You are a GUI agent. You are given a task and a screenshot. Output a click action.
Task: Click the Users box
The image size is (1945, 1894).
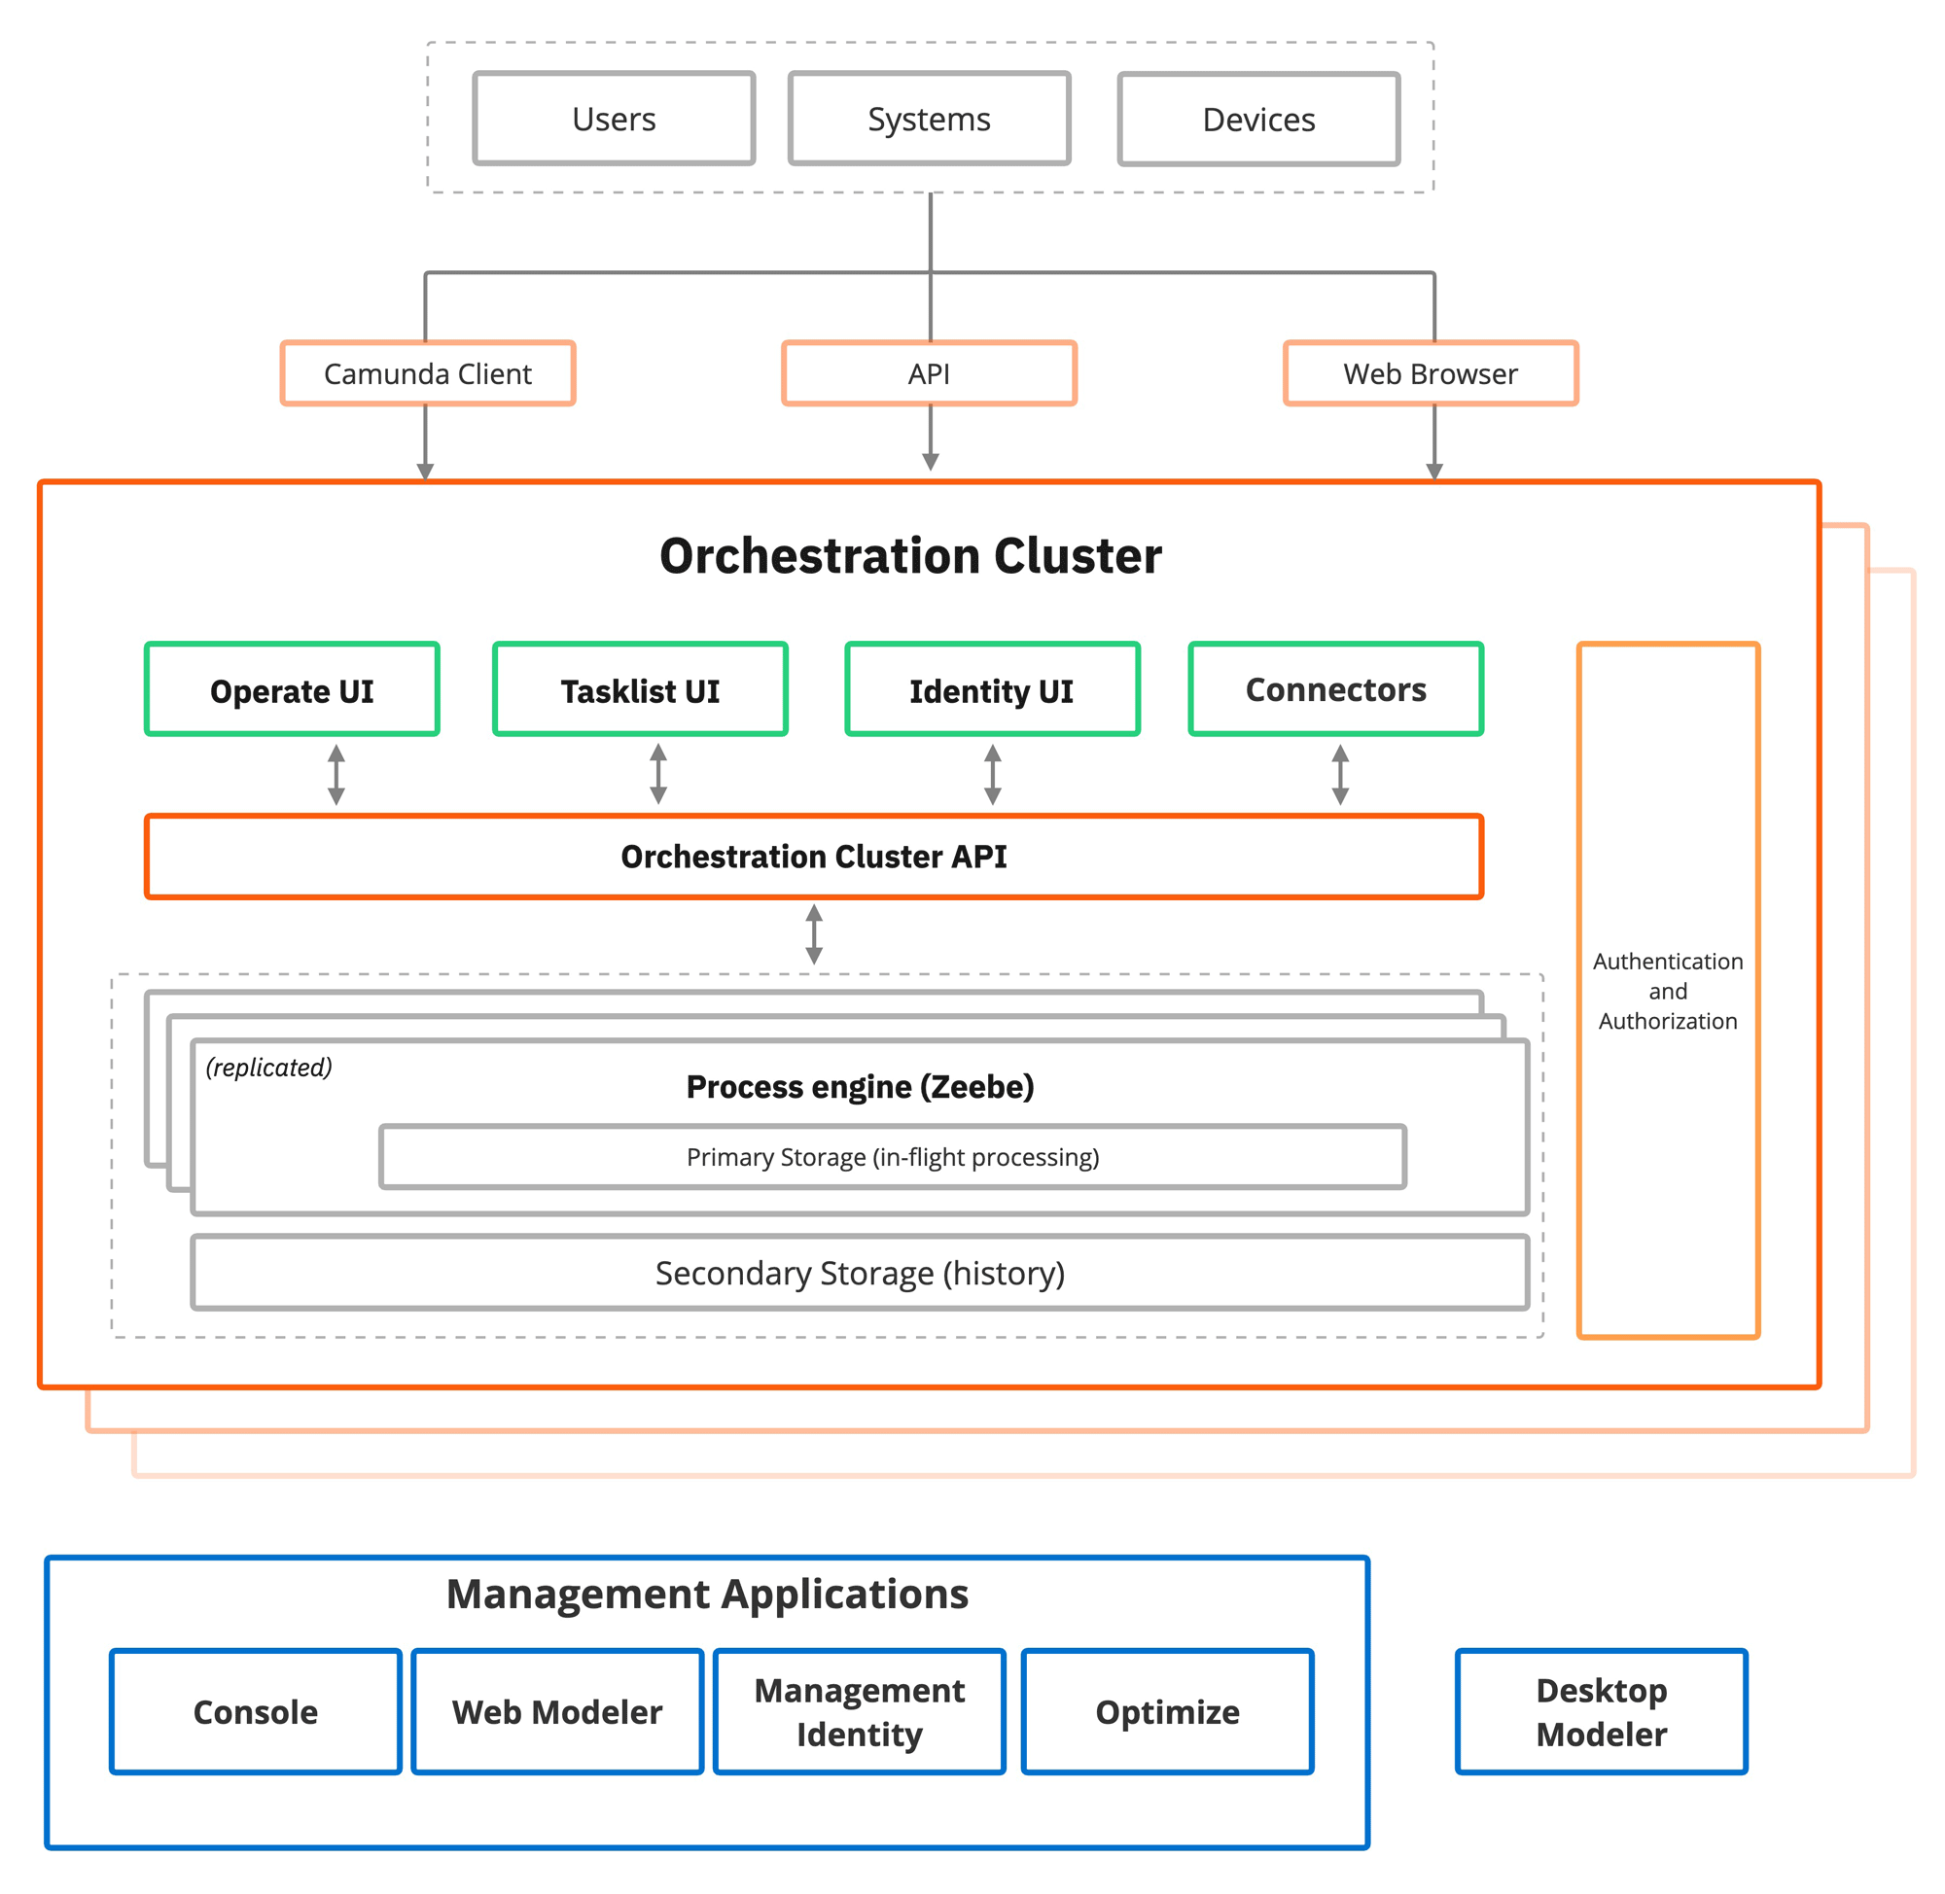click(x=613, y=119)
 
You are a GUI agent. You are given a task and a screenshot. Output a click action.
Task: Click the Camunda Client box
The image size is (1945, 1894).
click(x=427, y=373)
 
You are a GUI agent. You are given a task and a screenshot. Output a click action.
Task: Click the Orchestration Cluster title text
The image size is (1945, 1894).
click(x=909, y=555)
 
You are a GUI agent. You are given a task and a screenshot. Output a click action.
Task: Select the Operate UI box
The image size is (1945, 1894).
click(x=292, y=689)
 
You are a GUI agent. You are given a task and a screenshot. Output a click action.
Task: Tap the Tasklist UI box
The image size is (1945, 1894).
click(x=639, y=689)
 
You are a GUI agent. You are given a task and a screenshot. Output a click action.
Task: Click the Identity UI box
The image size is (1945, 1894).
click(x=991, y=689)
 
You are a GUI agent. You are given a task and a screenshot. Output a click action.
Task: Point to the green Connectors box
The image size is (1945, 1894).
click(x=1334, y=688)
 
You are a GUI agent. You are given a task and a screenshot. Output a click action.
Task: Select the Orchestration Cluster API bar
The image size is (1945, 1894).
click(x=813, y=856)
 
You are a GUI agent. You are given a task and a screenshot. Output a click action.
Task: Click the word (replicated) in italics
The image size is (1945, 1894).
click(x=268, y=1067)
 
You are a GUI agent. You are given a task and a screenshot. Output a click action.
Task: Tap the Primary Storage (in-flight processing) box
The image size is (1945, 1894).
click(x=892, y=1156)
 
